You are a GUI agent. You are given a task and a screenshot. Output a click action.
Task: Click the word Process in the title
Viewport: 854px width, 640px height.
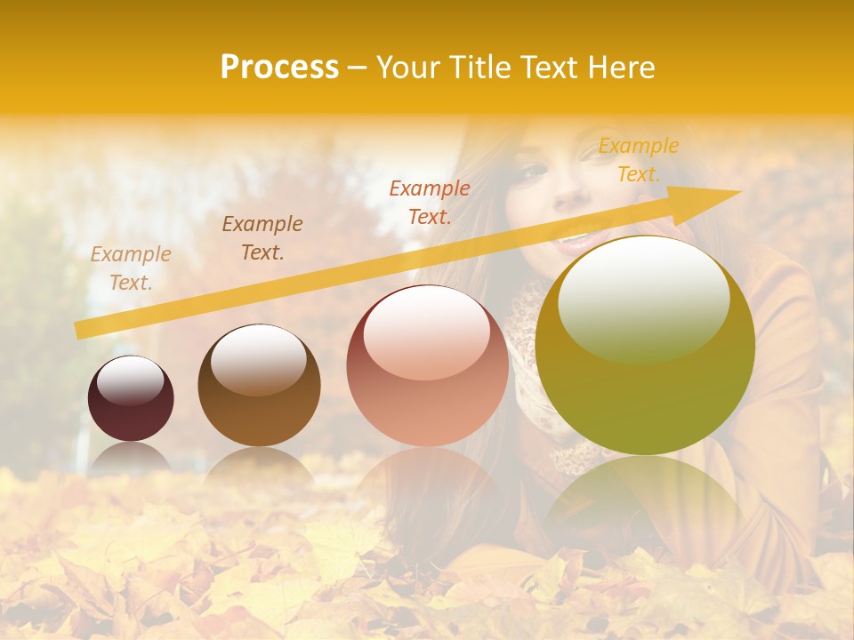click(279, 68)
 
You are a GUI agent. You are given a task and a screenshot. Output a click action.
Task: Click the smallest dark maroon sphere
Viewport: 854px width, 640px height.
click(131, 398)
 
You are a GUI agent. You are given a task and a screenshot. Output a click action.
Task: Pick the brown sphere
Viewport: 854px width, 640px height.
click(259, 386)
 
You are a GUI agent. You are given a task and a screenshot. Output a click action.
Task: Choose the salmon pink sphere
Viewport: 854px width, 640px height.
click(428, 366)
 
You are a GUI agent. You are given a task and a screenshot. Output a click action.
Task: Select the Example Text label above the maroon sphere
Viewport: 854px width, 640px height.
click(131, 268)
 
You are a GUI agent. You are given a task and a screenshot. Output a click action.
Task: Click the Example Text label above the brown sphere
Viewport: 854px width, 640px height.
click(262, 238)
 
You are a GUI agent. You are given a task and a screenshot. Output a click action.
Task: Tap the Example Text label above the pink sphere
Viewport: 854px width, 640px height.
click(430, 203)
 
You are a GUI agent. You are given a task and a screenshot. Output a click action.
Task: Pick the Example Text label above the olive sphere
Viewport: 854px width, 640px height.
click(639, 160)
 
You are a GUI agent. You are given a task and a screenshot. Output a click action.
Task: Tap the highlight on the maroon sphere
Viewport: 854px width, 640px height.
click(131, 380)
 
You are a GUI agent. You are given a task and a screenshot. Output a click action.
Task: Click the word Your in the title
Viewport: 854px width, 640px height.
click(404, 68)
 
